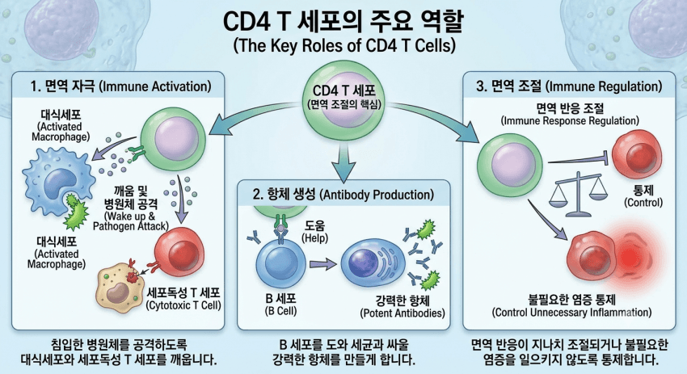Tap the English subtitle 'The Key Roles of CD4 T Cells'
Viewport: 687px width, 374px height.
click(344, 45)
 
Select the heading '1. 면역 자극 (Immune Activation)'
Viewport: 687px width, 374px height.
click(120, 86)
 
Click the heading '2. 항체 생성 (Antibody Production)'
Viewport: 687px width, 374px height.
click(343, 195)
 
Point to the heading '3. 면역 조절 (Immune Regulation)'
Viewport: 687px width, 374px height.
click(569, 86)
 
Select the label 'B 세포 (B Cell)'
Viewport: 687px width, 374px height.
click(280, 305)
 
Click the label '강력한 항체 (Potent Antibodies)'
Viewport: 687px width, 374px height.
click(403, 307)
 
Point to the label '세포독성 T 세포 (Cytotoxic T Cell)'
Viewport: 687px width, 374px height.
click(183, 299)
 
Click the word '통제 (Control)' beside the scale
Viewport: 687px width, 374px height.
click(643, 195)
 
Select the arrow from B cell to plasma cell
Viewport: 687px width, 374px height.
click(323, 264)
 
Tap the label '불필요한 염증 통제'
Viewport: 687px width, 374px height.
click(571, 300)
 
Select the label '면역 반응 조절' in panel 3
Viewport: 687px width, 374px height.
click(570, 108)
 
